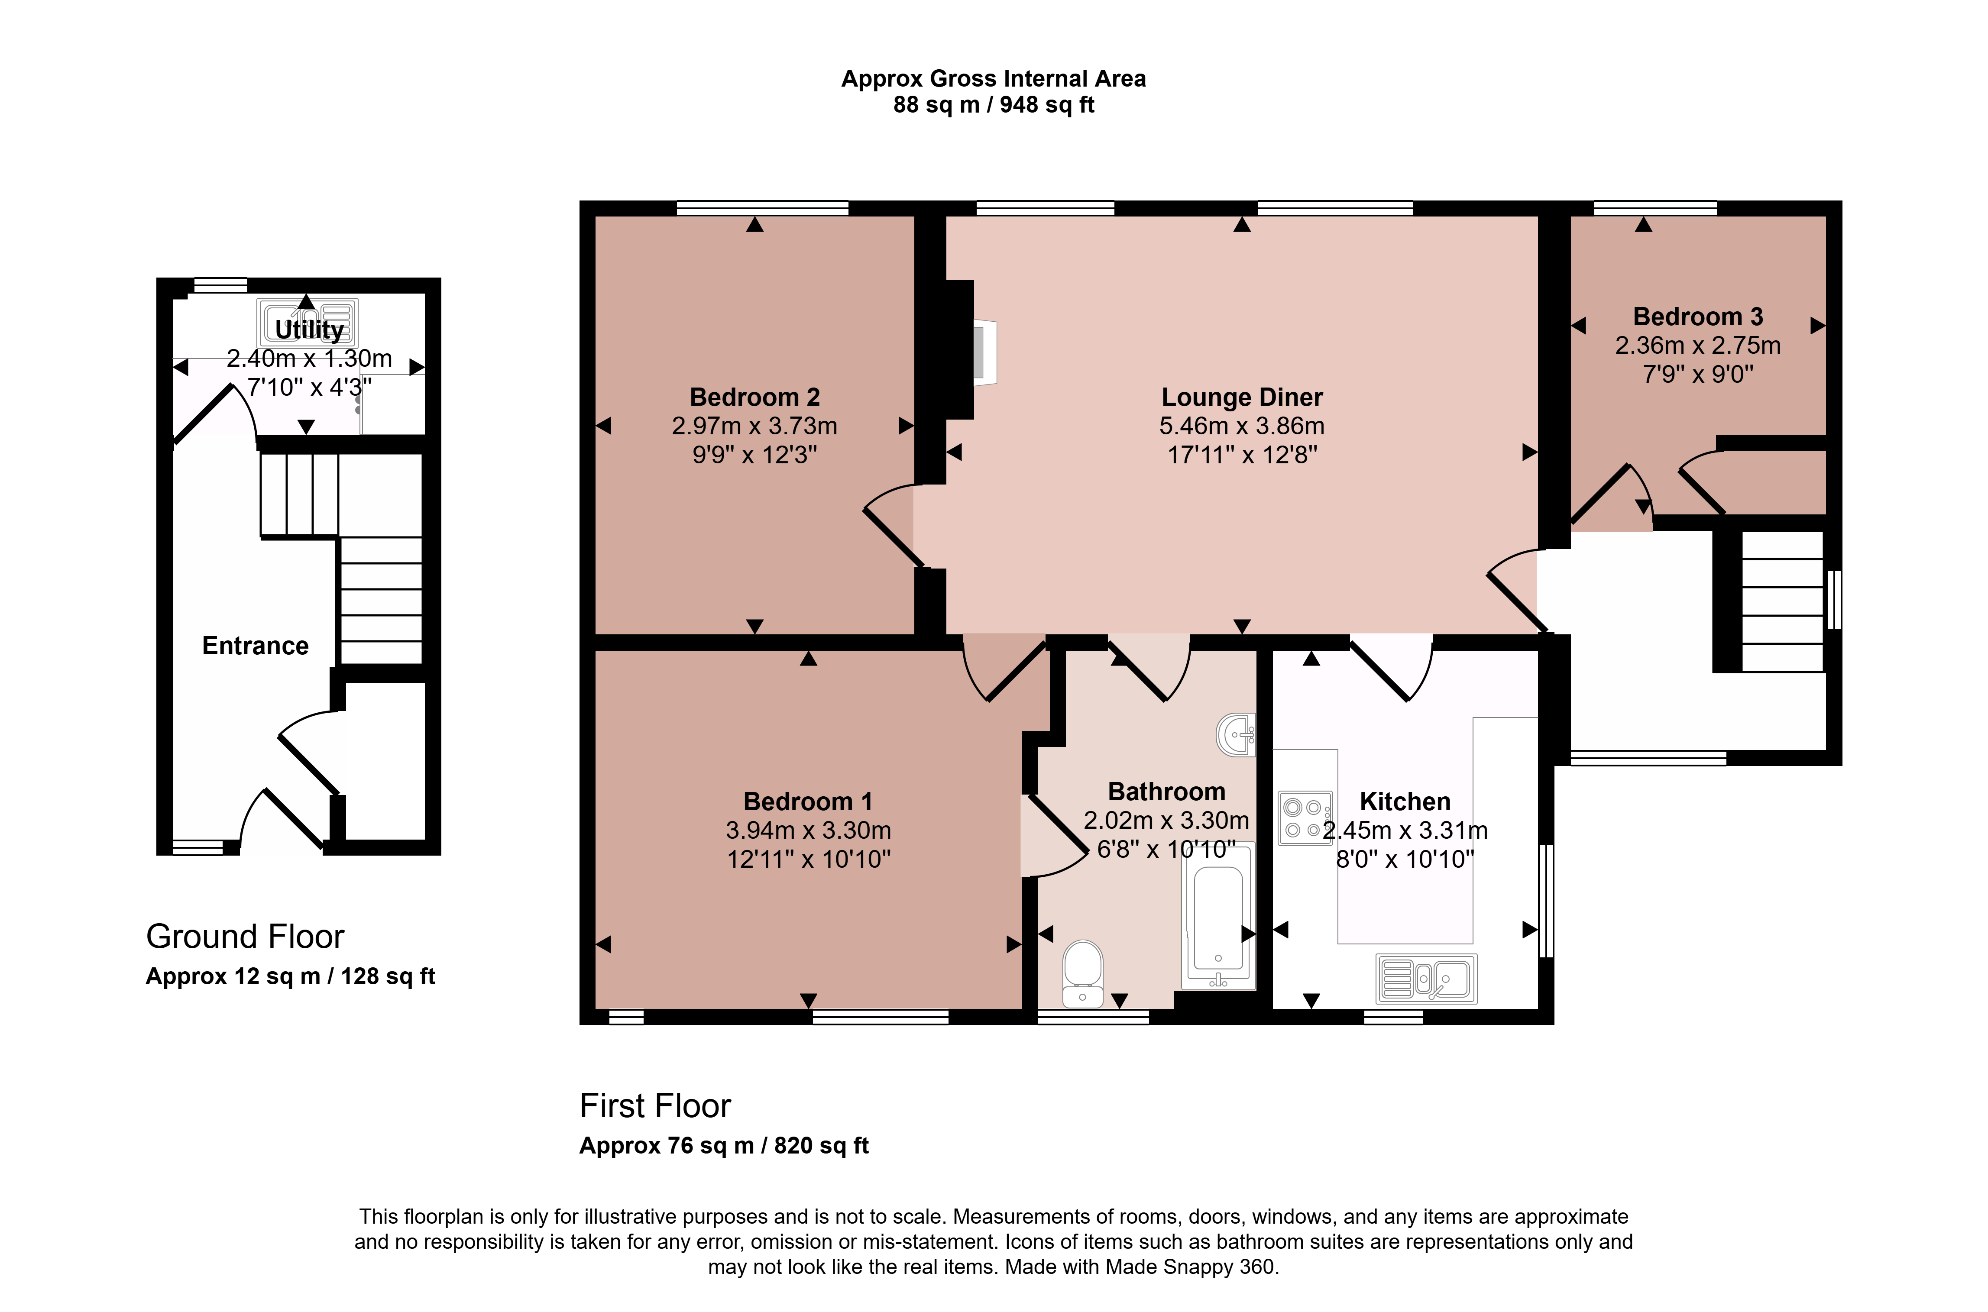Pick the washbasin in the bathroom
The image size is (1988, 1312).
[1236, 735]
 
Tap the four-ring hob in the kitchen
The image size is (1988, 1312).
[1305, 818]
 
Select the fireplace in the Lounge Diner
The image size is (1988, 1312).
[971, 350]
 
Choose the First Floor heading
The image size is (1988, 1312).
[655, 1106]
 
